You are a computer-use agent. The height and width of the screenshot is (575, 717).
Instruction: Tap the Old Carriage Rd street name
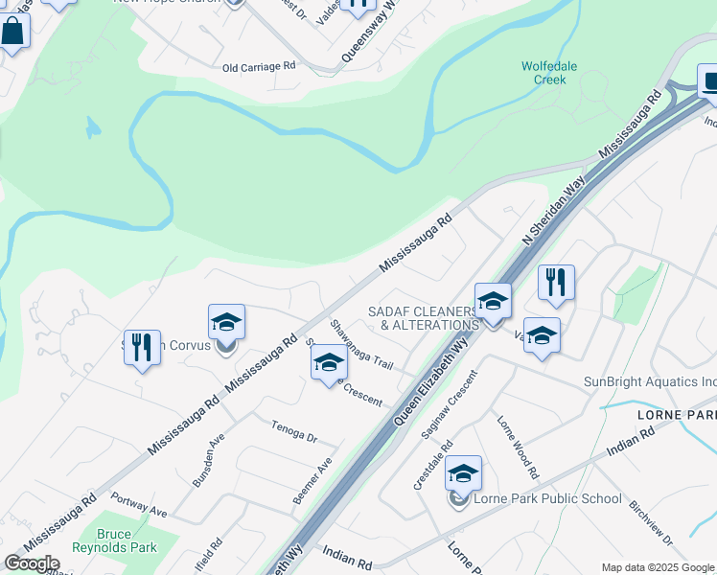(260, 67)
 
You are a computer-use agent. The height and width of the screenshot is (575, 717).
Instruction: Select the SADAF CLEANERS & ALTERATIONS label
(423, 318)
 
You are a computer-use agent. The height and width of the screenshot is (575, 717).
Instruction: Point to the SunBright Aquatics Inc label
(650, 382)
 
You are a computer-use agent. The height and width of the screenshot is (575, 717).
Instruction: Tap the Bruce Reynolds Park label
(126, 540)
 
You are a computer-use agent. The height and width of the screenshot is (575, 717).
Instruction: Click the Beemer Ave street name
(312, 481)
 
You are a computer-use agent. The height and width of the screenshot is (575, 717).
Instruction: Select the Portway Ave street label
(139, 504)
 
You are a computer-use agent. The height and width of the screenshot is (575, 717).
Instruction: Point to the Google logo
(32, 563)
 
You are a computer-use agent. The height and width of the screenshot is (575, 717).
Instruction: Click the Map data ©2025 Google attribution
(658, 567)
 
